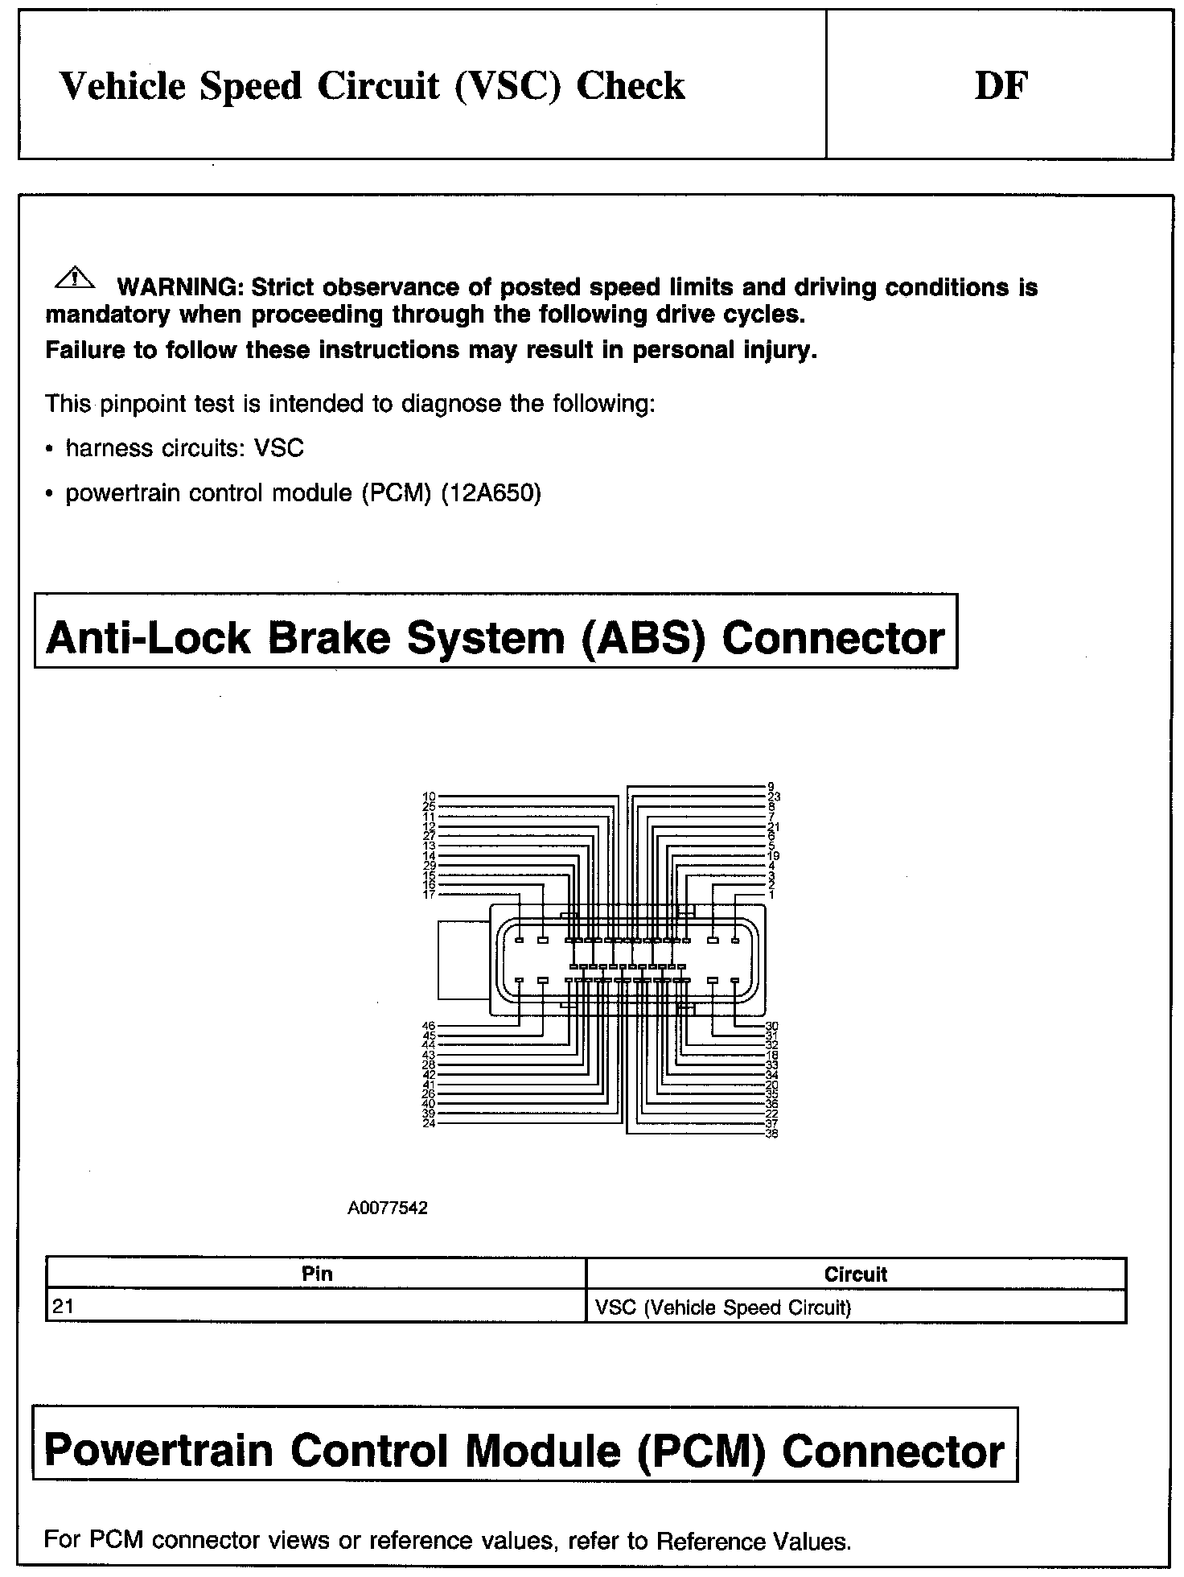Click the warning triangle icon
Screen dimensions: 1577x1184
tap(74, 278)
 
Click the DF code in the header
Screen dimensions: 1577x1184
tap(1001, 86)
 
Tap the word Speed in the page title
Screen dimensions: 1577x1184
tap(250, 86)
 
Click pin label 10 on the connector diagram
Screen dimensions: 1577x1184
tap(429, 797)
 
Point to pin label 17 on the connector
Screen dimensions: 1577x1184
tap(429, 895)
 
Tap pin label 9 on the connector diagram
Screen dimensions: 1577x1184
tap(771, 786)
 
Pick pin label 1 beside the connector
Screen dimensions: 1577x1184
tap(771, 895)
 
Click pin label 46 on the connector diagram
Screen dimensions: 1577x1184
tap(429, 1026)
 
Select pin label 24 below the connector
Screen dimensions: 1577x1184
tap(429, 1123)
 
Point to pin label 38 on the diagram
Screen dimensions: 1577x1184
tap(771, 1134)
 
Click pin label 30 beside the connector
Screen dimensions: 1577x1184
tap(771, 1026)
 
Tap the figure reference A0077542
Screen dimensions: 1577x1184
tap(388, 1208)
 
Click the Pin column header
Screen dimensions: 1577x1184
tap(317, 1274)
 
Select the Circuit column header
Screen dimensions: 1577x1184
tap(855, 1274)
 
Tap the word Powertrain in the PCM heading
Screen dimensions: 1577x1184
tap(158, 1451)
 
